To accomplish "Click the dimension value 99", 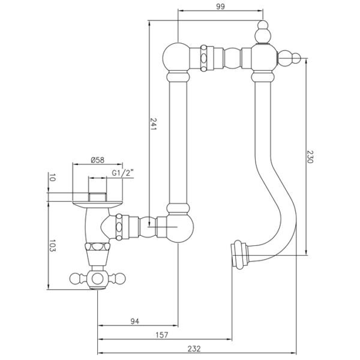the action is pyautogui.click(x=220, y=7).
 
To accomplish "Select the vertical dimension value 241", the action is pyautogui.click(x=153, y=124).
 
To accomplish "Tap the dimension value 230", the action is pyautogui.click(x=310, y=157).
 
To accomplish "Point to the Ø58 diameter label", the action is pyautogui.click(x=98, y=160).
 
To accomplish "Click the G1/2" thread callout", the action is pyautogui.click(x=122, y=173).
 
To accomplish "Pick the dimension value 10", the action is pyautogui.click(x=52, y=178).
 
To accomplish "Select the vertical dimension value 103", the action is pyautogui.click(x=52, y=245).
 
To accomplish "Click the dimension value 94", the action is pyautogui.click(x=135, y=322).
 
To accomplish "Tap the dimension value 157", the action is pyautogui.click(x=162, y=335).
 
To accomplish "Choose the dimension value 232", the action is pyautogui.click(x=194, y=349).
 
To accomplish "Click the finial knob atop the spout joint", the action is pyautogui.click(x=263, y=32).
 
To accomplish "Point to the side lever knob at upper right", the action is pyautogui.click(x=289, y=58).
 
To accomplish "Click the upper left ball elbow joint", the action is pyautogui.click(x=176, y=58).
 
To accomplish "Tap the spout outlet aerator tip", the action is pyautogui.click(x=239, y=254).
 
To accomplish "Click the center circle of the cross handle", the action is pyautogui.click(x=98, y=279).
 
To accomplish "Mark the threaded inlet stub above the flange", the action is pyautogui.click(x=98, y=197).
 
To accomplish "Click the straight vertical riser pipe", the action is pyautogui.click(x=178, y=142).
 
